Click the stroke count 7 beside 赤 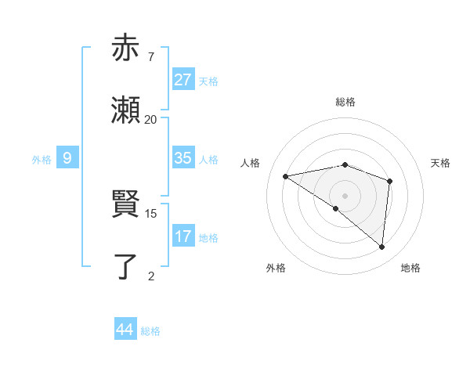tap(150, 56)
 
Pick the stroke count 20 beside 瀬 tap(150, 120)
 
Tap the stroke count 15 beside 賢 tap(152, 213)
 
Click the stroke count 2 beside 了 tap(150, 276)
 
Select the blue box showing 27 tap(183, 79)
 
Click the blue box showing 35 tap(183, 158)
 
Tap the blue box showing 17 tap(183, 236)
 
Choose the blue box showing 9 tap(67, 158)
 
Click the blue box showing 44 tap(125, 330)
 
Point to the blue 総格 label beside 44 tap(150, 331)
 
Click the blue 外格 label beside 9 tap(42, 159)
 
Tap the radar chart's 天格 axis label tap(441, 163)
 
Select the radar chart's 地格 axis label tap(410, 268)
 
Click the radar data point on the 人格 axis tap(286, 176)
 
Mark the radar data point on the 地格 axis tap(381, 247)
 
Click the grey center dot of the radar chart tap(345, 195)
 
